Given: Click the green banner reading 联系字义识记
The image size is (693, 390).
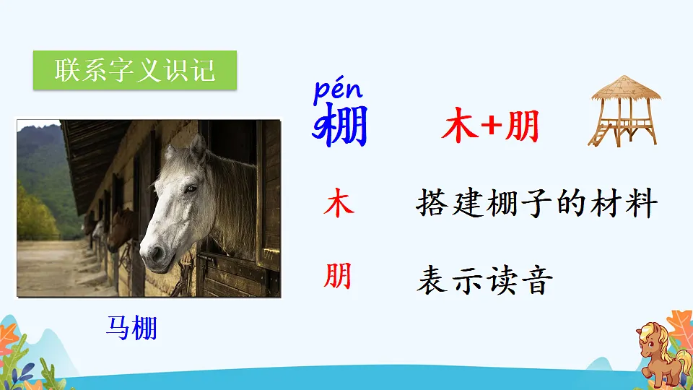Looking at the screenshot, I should pos(135,70).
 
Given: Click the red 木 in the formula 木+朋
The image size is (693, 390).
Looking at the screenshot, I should pos(459,128).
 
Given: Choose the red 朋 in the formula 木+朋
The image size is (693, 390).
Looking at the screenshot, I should pos(522,128).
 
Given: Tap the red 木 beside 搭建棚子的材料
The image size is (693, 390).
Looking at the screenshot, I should pos(339,204).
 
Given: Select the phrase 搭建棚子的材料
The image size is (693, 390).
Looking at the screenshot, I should pos(536,204).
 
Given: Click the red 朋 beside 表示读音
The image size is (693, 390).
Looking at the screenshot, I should pos(338,276).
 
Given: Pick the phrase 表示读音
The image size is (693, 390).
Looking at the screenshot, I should pos(484,280).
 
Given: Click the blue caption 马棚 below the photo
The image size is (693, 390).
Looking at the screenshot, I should pos(131,329).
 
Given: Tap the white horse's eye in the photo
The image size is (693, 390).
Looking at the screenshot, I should pos(190,188).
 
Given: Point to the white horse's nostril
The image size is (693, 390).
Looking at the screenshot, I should pos(154,252).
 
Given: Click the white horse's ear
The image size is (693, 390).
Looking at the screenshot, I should pos(196,148).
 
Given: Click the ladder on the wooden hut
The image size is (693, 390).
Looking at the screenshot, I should pos(599,133).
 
